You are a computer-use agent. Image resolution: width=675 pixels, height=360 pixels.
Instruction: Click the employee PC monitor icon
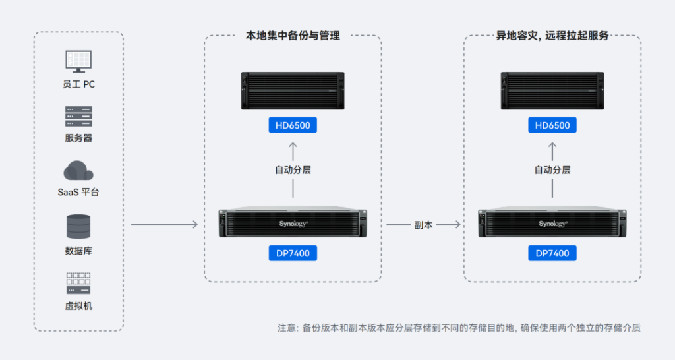78,61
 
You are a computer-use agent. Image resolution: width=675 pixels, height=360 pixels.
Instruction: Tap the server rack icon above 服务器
78,116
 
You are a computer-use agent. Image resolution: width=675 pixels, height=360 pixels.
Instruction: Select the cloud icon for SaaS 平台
78,171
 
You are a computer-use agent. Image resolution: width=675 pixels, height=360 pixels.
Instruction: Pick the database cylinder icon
78,227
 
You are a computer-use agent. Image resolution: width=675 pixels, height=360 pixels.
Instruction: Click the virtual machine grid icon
78,283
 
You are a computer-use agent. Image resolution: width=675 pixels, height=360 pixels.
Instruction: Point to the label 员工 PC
78,84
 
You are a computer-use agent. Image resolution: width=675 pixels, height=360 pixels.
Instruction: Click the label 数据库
78,251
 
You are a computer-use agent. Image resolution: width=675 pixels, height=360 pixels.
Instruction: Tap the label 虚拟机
78,306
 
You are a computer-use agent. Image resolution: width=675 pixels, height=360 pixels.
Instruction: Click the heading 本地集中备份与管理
293,36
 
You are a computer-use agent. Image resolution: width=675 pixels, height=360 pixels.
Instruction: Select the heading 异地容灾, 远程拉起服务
552,36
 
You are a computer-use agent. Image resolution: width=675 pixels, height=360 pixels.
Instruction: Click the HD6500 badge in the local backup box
293,125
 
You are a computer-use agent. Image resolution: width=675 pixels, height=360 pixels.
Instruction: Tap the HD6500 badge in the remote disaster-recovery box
552,125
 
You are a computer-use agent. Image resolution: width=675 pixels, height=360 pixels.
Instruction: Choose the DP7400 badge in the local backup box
293,253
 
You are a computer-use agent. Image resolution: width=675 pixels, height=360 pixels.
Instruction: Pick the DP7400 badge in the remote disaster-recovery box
552,253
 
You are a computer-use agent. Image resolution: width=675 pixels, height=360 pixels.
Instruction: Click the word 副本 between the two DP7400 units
423,225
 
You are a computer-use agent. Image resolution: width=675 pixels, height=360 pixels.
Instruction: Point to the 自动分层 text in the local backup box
293,170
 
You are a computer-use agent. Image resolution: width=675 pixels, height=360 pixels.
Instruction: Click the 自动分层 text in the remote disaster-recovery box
552,170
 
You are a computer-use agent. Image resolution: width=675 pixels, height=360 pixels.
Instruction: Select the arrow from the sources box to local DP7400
165,225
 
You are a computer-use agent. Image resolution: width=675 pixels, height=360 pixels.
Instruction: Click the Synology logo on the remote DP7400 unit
552,224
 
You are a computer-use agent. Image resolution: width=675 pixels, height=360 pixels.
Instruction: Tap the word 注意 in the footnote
287,328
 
